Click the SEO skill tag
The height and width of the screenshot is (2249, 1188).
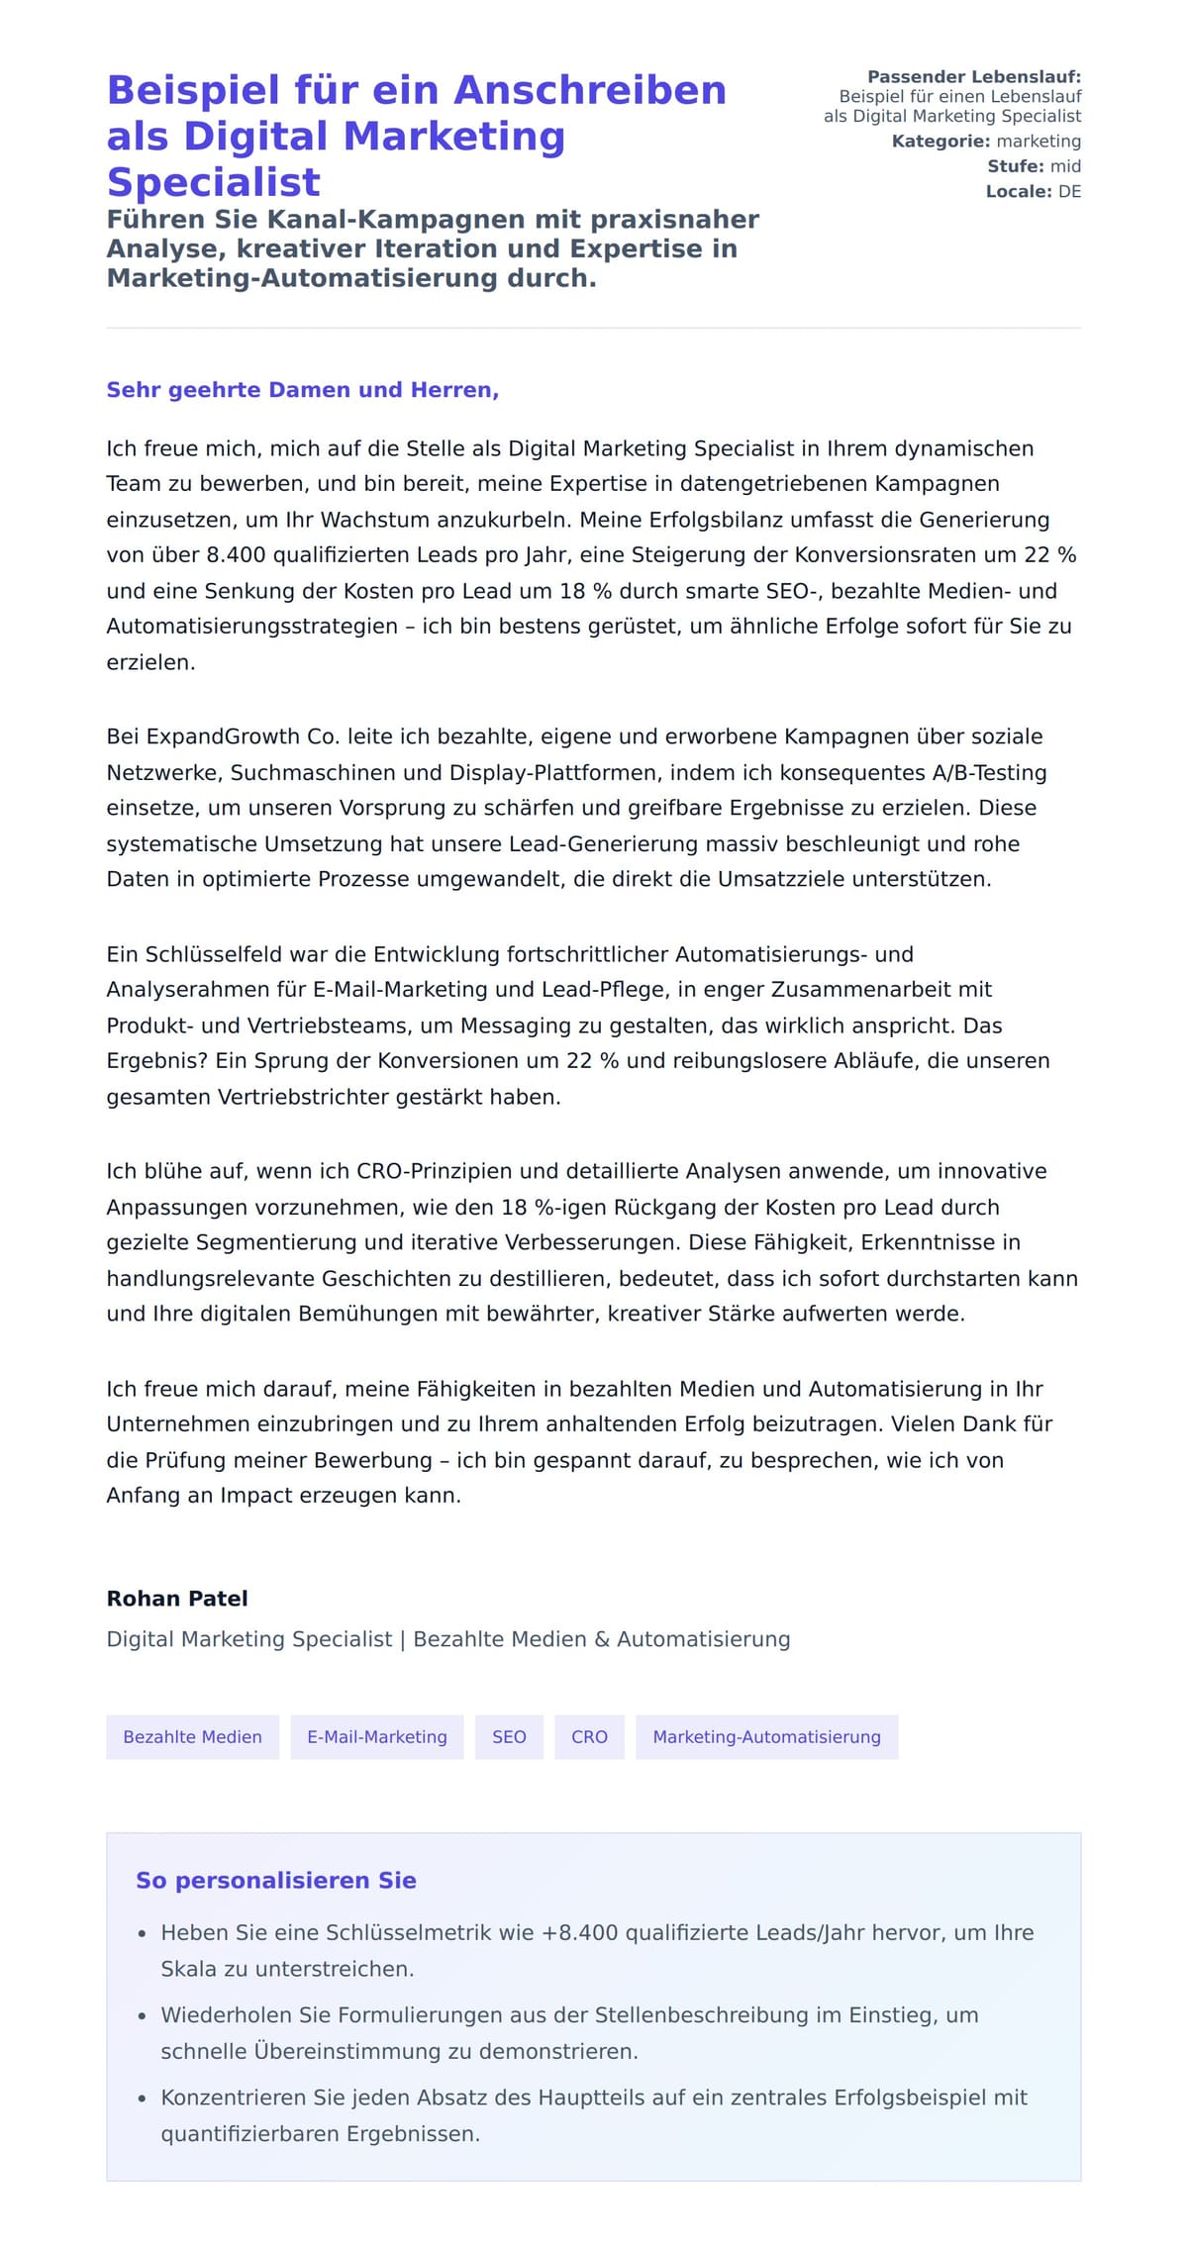coord(509,1736)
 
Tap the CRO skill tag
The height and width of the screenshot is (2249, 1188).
coord(589,1736)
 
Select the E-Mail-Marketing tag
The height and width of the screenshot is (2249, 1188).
coord(376,1736)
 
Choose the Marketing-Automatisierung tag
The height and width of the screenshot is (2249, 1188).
coord(766,1736)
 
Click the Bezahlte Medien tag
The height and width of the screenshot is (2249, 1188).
coord(192,1736)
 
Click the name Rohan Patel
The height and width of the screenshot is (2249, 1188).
coord(177,1598)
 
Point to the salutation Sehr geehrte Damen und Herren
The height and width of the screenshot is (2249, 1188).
coord(302,390)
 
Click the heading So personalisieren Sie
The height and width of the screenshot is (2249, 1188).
coord(275,1880)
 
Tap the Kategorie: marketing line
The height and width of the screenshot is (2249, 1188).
coord(985,142)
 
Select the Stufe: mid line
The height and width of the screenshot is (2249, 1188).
coord(1033,166)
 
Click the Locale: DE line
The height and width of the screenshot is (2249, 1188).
coord(1033,191)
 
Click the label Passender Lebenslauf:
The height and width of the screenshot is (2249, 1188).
coord(973,77)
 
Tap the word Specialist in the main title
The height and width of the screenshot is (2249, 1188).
coord(214,182)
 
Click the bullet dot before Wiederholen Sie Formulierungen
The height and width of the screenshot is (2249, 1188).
coord(143,2016)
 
